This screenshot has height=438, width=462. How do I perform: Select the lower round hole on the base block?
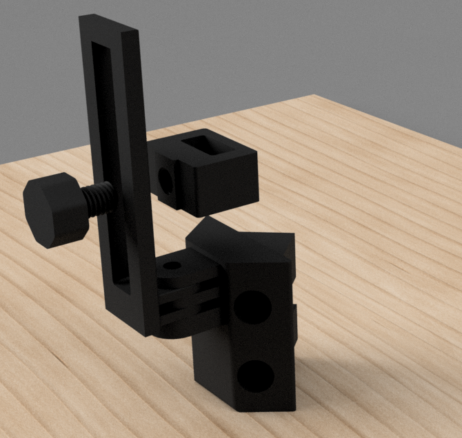pyautogui.click(x=256, y=377)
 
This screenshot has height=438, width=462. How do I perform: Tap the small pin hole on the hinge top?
pyautogui.click(x=173, y=265)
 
